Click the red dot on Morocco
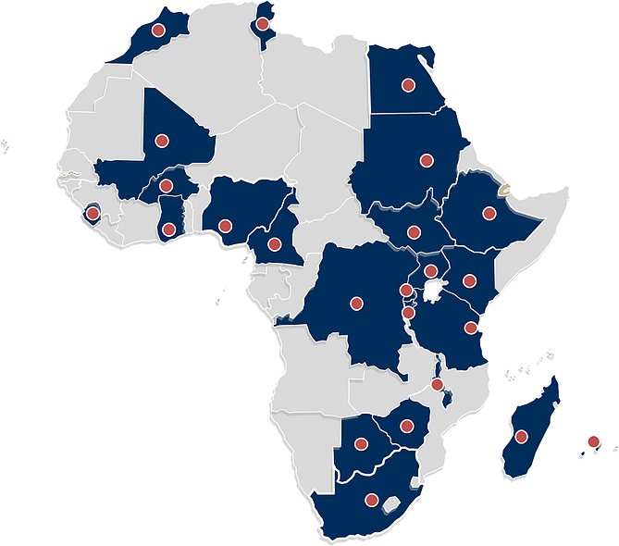click(x=157, y=31)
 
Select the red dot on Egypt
click(x=407, y=85)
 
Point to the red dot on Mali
click(x=161, y=141)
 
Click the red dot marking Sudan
click(x=426, y=159)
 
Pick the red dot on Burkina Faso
click(x=167, y=186)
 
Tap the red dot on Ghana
click(x=168, y=229)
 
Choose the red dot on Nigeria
click(x=225, y=224)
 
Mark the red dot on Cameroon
click(x=274, y=244)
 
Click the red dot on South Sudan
click(x=415, y=232)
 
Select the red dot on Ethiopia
click(x=489, y=214)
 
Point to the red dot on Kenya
click(x=469, y=280)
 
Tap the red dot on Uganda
click(x=430, y=272)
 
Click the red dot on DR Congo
click(x=355, y=303)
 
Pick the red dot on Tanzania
click(x=471, y=328)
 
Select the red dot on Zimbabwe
click(x=405, y=427)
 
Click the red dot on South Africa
click(x=372, y=501)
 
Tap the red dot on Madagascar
click(x=522, y=436)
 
